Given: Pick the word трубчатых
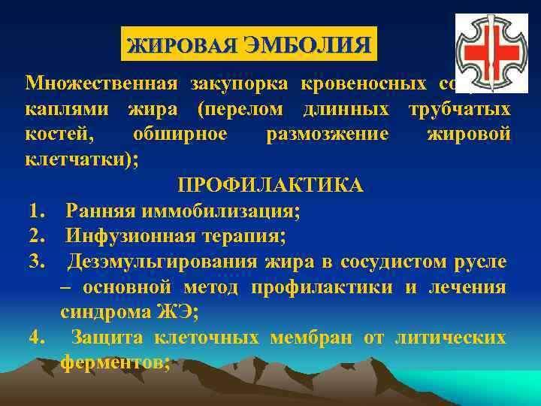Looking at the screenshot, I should (459, 109).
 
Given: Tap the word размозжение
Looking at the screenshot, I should (328, 135).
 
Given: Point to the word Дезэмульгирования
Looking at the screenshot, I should (164, 263).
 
